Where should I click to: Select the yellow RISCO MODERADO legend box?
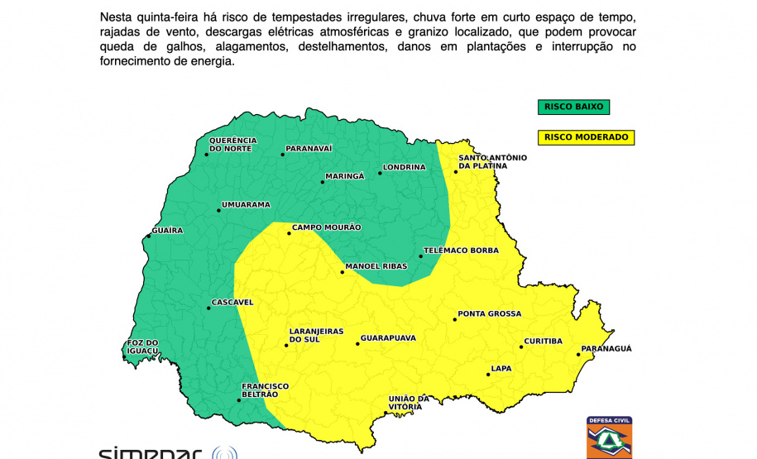click(x=586, y=137)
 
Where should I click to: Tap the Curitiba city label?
click(x=544, y=342)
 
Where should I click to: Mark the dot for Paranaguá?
click(x=577, y=355)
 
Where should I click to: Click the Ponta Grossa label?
click(x=489, y=314)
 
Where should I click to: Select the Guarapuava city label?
click(x=387, y=338)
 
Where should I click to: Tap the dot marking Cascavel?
click(x=208, y=308)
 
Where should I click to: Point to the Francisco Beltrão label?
click(x=265, y=390)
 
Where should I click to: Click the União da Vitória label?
click(x=409, y=403)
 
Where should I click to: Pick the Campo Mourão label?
click(x=327, y=227)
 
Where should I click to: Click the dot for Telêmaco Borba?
click(x=420, y=256)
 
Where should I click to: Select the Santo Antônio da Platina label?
click(x=492, y=161)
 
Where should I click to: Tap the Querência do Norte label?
click(x=232, y=145)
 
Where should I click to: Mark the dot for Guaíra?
click(x=148, y=237)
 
